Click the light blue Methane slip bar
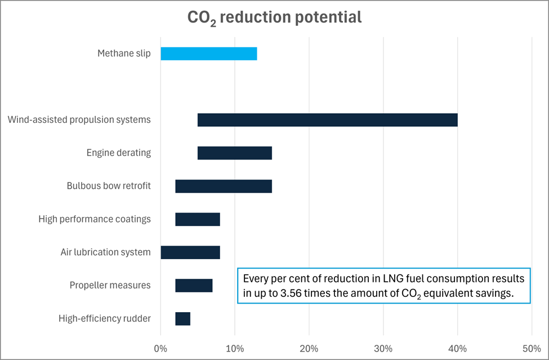(x=209, y=54)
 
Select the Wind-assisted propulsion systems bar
(x=327, y=120)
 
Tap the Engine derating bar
(x=234, y=153)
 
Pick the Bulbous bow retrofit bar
(x=224, y=186)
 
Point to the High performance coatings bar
(x=198, y=219)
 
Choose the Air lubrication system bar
(x=190, y=252)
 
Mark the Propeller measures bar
(x=194, y=286)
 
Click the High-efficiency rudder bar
(x=182, y=319)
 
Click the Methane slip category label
(x=124, y=54)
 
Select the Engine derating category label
(x=118, y=153)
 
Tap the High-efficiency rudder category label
(x=105, y=319)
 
